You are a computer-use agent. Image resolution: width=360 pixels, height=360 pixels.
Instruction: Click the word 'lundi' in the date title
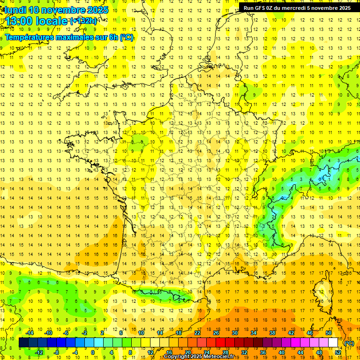click(16, 10)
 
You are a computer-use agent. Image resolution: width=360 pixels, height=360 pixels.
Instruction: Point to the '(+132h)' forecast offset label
click(83, 21)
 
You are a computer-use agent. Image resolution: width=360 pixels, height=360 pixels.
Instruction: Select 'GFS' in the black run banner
click(260, 8)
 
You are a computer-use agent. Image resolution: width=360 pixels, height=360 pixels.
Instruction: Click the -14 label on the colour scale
click(30, 333)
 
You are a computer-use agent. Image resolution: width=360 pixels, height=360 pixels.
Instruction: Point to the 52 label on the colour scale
click(338, 352)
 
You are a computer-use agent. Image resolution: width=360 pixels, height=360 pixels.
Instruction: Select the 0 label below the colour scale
click(93, 352)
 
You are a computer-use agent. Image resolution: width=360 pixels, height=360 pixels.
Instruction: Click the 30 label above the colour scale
click(234, 333)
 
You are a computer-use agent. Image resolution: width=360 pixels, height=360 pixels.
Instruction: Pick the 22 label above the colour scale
click(197, 333)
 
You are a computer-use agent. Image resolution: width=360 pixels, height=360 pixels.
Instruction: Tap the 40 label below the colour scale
click(281, 352)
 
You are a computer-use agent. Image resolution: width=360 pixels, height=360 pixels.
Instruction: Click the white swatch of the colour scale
click(333, 343)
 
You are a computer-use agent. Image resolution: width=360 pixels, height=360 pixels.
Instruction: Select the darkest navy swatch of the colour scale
click(23, 343)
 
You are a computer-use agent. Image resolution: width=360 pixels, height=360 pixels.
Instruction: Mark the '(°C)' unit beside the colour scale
click(349, 343)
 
